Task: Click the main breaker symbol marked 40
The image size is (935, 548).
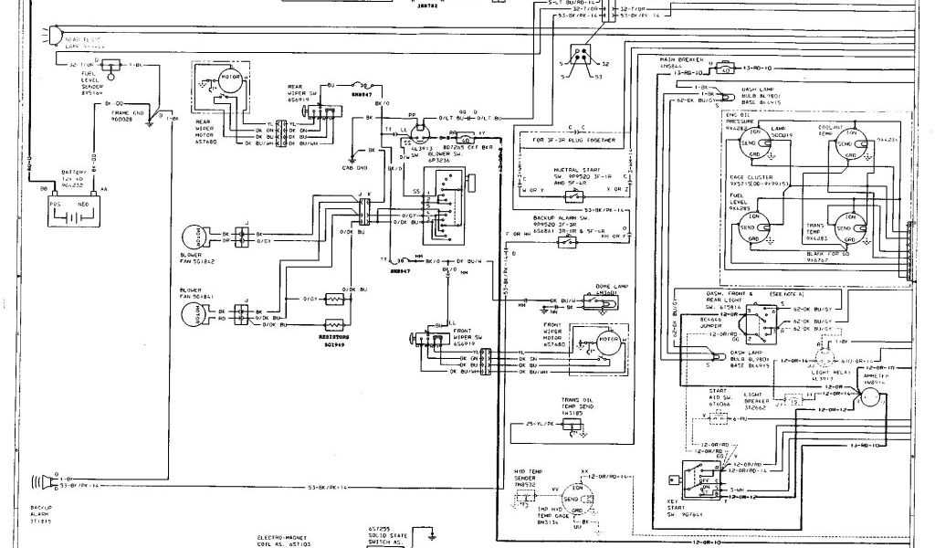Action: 724,68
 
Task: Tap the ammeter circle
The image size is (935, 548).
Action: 871,396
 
